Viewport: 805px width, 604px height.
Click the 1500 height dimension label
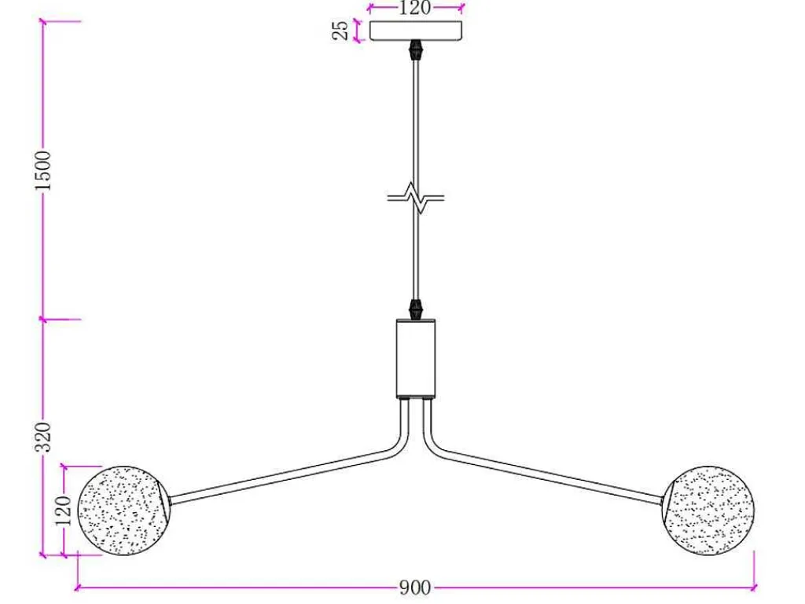(x=43, y=170)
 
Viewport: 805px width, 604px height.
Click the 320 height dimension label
(x=43, y=437)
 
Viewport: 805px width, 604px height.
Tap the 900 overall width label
(x=415, y=588)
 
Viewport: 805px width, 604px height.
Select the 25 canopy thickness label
(x=340, y=31)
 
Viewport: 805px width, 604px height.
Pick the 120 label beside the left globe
(x=64, y=511)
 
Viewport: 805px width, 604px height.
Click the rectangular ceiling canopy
(x=416, y=31)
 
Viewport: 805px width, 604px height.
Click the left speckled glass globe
(x=123, y=511)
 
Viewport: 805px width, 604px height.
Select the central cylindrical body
(x=416, y=358)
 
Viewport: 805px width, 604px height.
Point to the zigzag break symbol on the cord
(x=416, y=197)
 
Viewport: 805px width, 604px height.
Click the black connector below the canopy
(x=416, y=49)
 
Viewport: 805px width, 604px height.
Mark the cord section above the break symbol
(x=416, y=123)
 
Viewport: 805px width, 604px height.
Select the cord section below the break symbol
(x=417, y=254)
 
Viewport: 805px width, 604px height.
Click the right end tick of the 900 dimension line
(x=754, y=587)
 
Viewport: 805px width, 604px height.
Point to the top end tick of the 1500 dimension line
(x=43, y=21)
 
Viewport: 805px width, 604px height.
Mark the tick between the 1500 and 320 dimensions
(x=43, y=320)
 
